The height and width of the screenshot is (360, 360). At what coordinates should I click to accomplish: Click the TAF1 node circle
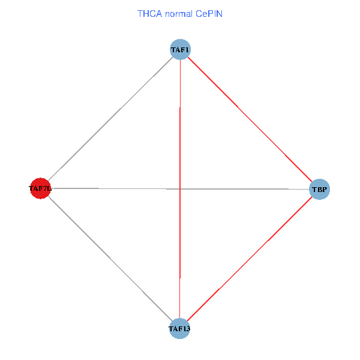(180, 49)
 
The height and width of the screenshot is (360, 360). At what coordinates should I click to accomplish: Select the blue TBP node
(319, 190)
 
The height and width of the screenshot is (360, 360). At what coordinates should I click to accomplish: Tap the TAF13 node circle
(179, 329)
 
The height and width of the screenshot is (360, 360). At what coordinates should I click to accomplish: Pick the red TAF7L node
(40, 188)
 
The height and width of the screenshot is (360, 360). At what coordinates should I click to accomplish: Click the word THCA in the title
(149, 13)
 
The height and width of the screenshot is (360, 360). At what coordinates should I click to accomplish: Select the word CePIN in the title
(209, 13)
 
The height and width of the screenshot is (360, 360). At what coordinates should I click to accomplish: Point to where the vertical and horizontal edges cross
(180, 189)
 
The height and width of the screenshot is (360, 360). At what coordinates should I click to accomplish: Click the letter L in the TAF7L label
(50, 189)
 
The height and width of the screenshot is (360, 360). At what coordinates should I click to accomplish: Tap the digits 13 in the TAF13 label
(187, 329)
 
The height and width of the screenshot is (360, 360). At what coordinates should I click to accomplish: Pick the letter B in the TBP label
(319, 190)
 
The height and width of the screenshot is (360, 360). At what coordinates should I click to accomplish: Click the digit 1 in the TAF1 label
(188, 50)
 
